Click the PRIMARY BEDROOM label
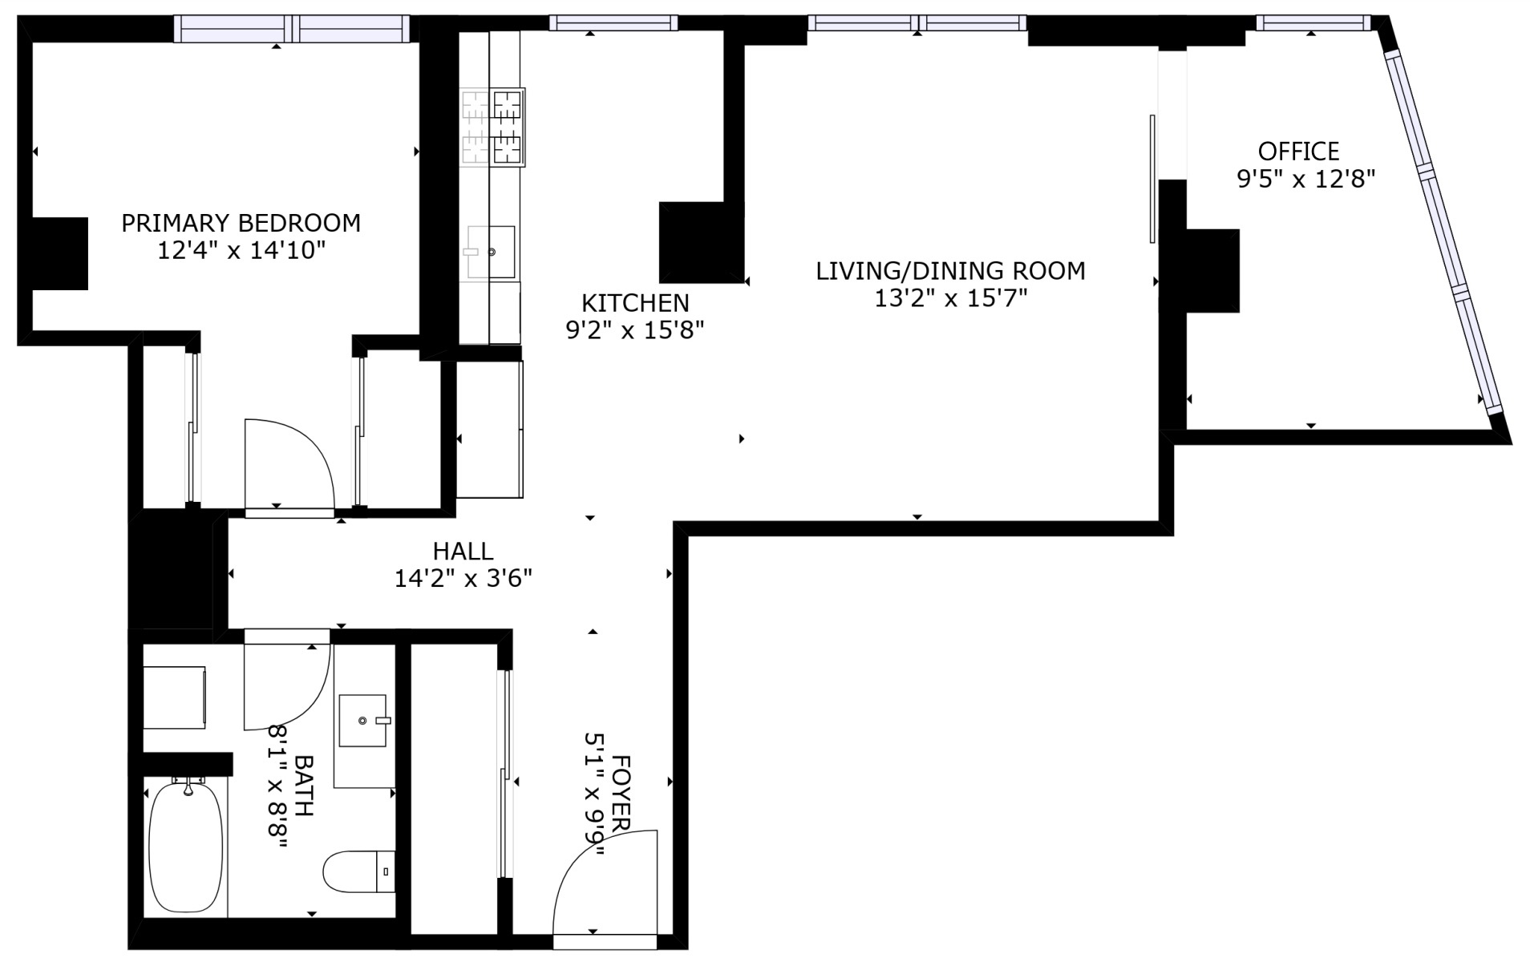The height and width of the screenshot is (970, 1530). (241, 222)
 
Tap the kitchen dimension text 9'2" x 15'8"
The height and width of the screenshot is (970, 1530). (635, 330)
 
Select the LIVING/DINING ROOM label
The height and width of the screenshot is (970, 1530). (950, 271)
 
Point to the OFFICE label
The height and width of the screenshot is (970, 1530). (1298, 151)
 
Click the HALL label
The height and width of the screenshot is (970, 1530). (463, 551)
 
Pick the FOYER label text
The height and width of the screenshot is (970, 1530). (622, 794)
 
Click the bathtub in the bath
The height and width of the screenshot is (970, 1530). (187, 848)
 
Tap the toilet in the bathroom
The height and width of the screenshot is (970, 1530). (359, 872)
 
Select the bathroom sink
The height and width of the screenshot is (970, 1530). (363, 721)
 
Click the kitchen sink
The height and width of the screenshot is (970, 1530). (491, 252)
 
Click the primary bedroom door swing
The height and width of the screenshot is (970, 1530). (289, 464)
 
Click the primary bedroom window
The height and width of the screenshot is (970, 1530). (292, 29)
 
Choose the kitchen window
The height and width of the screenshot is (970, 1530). (613, 23)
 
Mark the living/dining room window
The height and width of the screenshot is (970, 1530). (917, 22)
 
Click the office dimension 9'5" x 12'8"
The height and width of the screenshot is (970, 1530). (1306, 178)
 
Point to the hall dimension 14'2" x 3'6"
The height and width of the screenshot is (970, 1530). (463, 578)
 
